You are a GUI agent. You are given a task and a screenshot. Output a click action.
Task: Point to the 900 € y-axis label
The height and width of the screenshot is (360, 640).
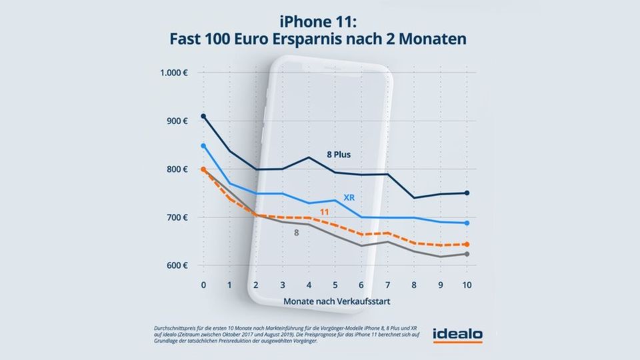click(x=178, y=121)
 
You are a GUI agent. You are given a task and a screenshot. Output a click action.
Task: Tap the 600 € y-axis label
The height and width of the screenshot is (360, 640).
click(x=178, y=265)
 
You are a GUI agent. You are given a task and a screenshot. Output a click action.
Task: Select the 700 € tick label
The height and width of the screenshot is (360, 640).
click(x=178, y=217)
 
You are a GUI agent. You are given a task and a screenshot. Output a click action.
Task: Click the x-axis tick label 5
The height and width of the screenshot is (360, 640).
click(x=335, y=285)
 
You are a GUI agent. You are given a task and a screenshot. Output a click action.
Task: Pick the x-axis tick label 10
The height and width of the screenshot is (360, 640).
click(x=466, y=285)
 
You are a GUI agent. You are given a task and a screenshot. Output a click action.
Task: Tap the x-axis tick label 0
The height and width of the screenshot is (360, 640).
click(x=203, y=285)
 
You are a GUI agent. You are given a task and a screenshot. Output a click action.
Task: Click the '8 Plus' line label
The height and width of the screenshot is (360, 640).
click(x=339, y=155)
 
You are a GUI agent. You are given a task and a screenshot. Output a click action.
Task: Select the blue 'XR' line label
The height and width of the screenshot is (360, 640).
click(x=349, y=197)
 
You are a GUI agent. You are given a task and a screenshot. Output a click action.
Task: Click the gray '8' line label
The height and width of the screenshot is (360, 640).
click(x=296, y=233)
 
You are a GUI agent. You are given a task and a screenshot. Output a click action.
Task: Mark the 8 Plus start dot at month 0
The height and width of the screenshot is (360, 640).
click(x=203, y=116)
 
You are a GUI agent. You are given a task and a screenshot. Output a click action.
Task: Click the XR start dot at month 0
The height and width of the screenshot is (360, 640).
click(x=203, y=145)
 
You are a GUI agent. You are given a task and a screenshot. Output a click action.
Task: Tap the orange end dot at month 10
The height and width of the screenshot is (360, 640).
click(x=467, y=245)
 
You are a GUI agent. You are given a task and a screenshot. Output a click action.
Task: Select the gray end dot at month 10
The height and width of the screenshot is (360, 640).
click(x=467, y=254)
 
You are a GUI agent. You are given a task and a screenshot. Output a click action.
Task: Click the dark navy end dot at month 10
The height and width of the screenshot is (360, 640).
click(x=467, y=193)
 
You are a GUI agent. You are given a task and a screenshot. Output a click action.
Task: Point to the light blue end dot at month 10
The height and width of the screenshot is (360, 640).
click(x=467, y=223)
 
